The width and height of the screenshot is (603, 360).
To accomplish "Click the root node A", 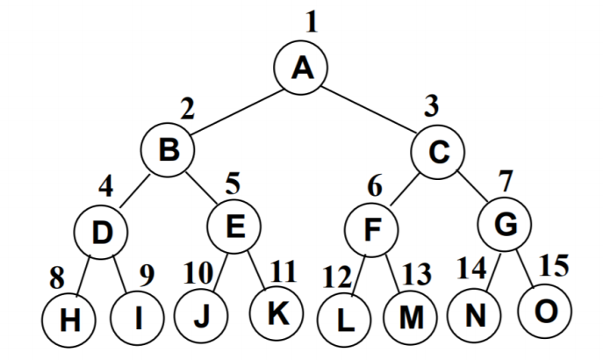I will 301,68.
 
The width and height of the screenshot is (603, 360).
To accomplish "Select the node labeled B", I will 169,150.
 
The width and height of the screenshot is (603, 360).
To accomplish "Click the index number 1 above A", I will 310,21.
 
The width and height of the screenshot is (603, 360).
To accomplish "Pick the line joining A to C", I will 370,110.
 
